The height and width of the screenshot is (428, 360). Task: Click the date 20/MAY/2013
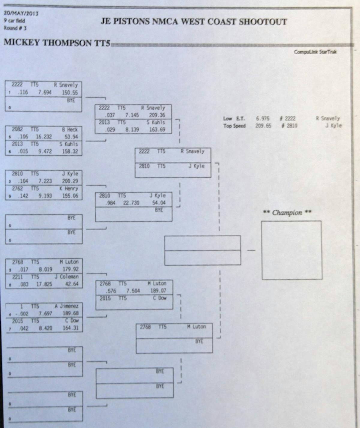pos(21,13)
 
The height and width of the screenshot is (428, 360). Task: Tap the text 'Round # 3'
pos(15,28)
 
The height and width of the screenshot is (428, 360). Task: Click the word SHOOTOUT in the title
pos(263,22)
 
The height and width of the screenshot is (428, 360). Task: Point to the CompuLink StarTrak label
pos(315,52)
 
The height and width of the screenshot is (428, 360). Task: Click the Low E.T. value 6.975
pos(262,118)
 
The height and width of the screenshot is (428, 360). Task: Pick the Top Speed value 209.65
pos(263,126)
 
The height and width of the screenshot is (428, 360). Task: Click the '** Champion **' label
pos(287,213)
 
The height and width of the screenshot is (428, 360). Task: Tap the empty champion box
pos(292,250)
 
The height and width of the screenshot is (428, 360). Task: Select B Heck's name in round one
pos(70,130)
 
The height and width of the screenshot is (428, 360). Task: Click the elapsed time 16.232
pos(44,137)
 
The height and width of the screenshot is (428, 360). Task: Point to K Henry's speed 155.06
pos(70,196)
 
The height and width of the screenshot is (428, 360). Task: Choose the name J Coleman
pos(66,277)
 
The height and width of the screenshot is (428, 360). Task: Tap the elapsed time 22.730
pos(131,203)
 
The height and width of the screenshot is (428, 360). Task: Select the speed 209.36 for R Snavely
pos(157,115)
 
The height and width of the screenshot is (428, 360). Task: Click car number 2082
pos(17,129)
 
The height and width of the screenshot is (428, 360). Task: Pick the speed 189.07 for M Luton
pos(158,291)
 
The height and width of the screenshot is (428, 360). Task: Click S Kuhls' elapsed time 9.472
pos(45,151)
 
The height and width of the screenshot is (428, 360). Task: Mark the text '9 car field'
pos(14,21)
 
